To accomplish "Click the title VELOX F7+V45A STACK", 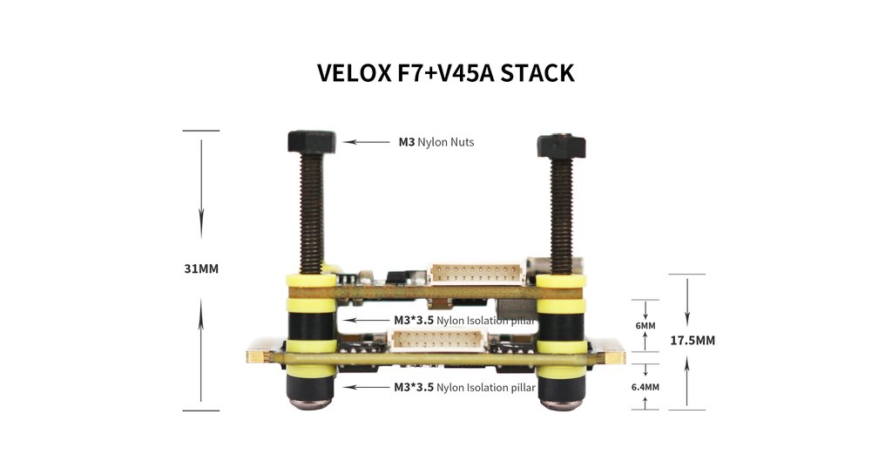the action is pyautogui.click(x=445, y=73).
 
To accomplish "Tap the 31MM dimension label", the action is pyautogui.click(x=201, y=268).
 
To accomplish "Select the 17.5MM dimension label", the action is pyautogui.click(x=693, y=341).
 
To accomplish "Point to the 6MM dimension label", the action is pyautogui.click(x=645, y=326).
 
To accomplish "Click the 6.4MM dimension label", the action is pyautogui.click(x=645, y=387).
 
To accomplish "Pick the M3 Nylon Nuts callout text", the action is pyautogui.click(x=436, y=142).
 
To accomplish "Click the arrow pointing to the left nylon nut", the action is pyautogui.click(x=367, y=142).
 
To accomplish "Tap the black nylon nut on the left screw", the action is pyautogui.click(x=311, y=142).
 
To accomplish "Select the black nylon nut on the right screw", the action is pyautogui.click(x=562, y=146).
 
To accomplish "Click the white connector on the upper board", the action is pyautogui.click(x=476, y=274).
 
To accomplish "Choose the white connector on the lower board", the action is pyautogui.click(x=437, y=341).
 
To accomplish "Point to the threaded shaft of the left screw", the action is pyautogui.click(x=312, y=214).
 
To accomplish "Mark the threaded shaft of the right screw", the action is pyautogui.click(x=562, y=216).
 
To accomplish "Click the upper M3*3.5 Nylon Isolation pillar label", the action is pyautogui.click(x=464, y=321).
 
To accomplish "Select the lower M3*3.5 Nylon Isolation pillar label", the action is pyautogui.click(x=464, y=388).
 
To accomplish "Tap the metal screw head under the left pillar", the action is pyautogui.click(x=311, y=404).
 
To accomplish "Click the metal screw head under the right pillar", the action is pyautogui.click(x=561, y=404).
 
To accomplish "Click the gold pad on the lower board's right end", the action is pyautogui.click(x=614, y=357).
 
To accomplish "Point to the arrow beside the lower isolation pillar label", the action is pyautogui.click(x=367, y=387).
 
